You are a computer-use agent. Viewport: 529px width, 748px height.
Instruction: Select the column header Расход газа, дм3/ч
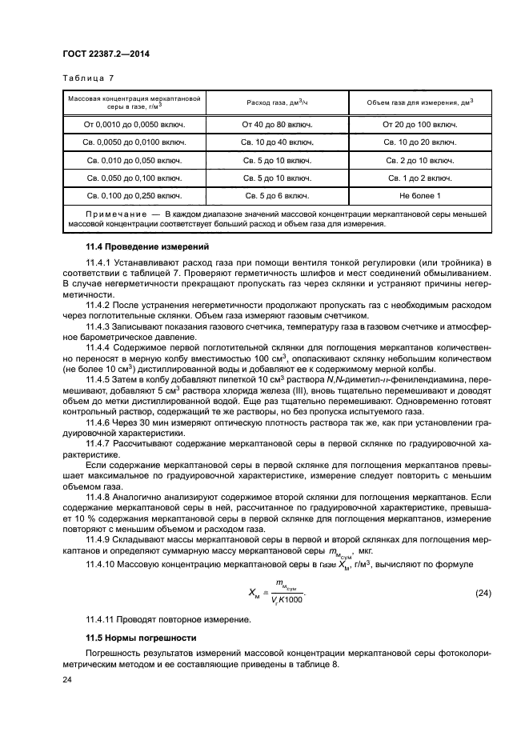pyautogui.click(x=277, y=102)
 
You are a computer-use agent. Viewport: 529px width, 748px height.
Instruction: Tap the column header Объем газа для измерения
pyautogui.click(x=419, y=102)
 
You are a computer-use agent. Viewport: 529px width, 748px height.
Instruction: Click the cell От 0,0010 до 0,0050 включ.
pyautogui.click(x=134, y=125)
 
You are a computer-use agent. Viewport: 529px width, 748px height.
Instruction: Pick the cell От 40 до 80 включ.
pyautogui.click(x=277, y=125)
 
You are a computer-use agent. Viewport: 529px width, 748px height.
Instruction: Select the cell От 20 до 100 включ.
pyautogui.click(x=419, y=125)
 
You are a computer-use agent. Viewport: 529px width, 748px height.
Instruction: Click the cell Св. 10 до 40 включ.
pyautogui.click(x=277, y=142)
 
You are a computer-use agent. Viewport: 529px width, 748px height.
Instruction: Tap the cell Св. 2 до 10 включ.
pyautogui.click(x=419, y=160)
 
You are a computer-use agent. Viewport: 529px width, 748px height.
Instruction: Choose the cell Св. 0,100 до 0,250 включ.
pyautogui.click(x=134, y=195)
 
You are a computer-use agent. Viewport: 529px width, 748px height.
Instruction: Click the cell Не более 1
pyautogui.click(x=419, y=195)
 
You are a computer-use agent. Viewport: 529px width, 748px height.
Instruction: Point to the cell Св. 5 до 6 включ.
pyautogui.click(x=277, y=195)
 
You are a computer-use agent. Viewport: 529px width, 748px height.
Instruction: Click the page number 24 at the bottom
pyautogui.click(x=66, y=680)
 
